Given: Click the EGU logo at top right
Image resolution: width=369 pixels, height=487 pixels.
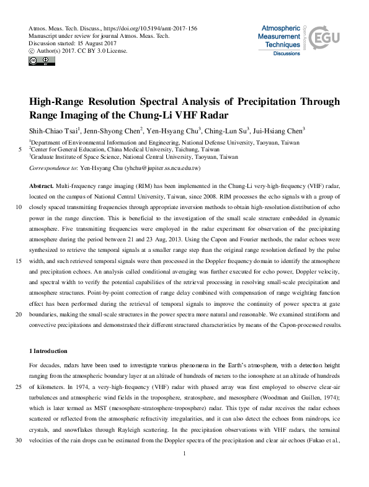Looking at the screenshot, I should point(327,38).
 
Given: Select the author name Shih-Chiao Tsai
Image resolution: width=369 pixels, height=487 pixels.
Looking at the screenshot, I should point(54,131).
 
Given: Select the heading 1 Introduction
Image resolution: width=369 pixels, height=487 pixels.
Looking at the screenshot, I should point(52,351).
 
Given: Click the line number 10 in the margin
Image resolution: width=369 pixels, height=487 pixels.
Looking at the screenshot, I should point(17,208).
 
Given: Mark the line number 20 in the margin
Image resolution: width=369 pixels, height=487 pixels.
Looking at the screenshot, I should point(17,314).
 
